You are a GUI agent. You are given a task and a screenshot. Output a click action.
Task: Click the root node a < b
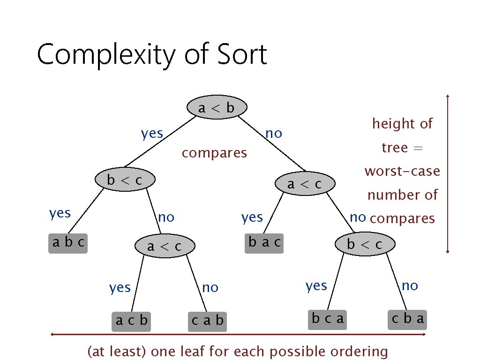point(216,108)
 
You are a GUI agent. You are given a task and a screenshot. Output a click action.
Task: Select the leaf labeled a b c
point(68,243)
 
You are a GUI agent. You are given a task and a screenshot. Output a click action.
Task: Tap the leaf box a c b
point(131,321)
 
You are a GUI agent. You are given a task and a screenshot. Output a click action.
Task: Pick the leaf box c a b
point(207,321)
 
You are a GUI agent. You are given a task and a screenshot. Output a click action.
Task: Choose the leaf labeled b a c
point(264,242)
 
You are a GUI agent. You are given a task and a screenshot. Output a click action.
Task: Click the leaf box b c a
point(328,319)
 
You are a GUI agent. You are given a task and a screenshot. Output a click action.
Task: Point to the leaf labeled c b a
point(408,319)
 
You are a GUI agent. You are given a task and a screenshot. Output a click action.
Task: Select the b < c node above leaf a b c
point(125,180)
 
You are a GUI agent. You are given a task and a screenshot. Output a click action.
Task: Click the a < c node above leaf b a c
point(305,184)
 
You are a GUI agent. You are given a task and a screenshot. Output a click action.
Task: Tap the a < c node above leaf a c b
point(164,246)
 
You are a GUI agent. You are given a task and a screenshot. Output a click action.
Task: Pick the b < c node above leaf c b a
point(364,244)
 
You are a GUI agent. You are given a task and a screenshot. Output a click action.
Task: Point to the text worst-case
point(402,171)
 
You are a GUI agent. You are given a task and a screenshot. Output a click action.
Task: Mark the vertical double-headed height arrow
point(449,173)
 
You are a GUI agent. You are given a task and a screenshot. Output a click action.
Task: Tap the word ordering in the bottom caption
point(359,351)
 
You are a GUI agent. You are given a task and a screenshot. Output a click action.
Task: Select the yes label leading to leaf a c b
point(120,287)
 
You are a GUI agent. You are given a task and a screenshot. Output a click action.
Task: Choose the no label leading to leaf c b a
point(410,285)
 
